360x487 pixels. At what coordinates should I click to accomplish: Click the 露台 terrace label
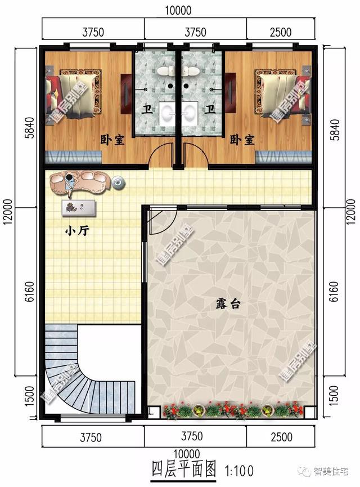pyautogui.click(x=228, y=303)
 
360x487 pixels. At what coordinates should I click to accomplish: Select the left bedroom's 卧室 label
pyautogui.click(x=112, y=140)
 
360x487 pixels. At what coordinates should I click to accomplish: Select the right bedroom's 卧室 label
pyautogui.click(x=242, y=140)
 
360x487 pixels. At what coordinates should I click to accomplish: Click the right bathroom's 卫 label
pyautogui.click(x=210, y=109)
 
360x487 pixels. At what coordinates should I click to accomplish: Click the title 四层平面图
pyautogui.click(x=183, y=470)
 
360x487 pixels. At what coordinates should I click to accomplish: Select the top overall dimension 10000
pyautogui.click(x=179, y=10)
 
